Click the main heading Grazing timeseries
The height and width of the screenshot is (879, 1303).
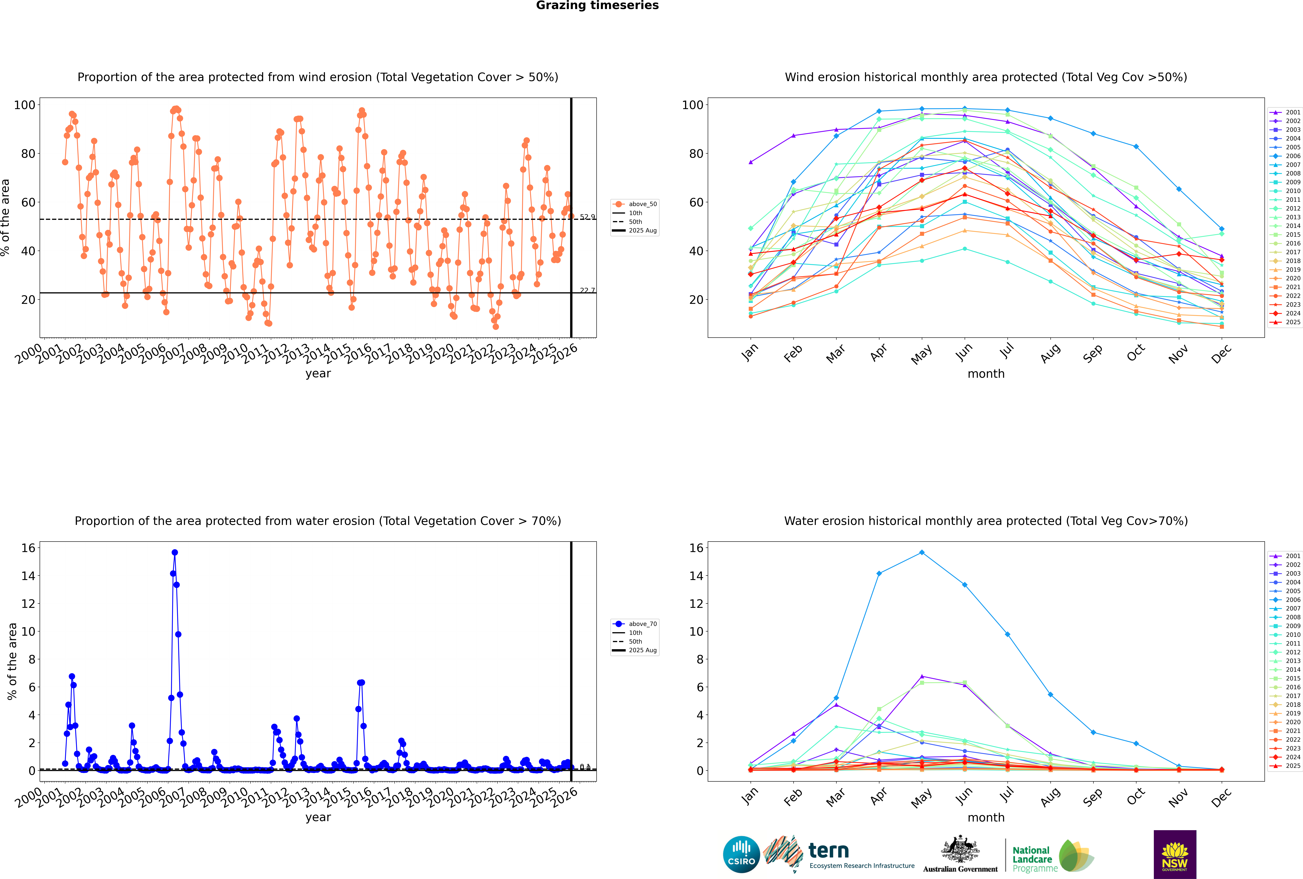pos(597,6)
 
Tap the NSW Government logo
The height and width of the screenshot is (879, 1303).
pos(1175,854)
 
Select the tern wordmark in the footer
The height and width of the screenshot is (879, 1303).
pos(829,851)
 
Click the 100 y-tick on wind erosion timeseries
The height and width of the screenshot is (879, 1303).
pos(25,105)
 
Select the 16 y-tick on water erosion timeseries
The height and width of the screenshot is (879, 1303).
pos(28,548)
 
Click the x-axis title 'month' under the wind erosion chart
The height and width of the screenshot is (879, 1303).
pos(986,374)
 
